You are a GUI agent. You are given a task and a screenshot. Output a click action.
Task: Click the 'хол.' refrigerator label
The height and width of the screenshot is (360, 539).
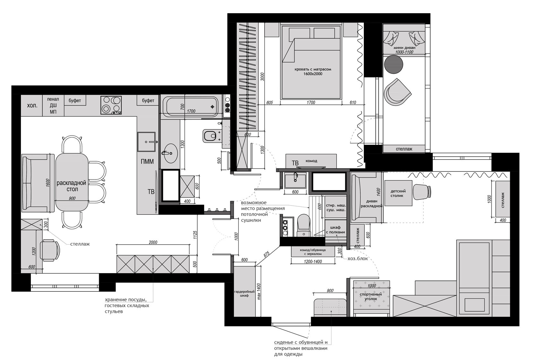32,105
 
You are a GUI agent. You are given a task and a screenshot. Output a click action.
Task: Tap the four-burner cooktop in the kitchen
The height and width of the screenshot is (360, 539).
111,105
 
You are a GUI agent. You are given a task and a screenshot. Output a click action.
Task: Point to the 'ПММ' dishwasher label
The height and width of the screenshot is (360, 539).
147,161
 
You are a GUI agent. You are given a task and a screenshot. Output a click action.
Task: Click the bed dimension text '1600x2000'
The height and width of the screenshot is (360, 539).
313,74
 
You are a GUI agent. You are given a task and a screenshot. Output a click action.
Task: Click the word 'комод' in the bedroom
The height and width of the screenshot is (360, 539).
311,161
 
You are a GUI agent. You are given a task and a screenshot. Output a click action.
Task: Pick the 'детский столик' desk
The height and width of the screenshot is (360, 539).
398,193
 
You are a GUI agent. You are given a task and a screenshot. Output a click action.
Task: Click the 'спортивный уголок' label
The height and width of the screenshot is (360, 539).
371,297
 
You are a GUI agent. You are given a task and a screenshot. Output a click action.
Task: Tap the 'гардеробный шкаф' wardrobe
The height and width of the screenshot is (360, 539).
244,291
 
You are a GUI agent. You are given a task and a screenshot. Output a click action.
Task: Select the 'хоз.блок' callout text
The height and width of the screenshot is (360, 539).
357,259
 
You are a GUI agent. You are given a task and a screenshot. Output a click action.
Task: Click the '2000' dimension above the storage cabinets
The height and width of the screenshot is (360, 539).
153,242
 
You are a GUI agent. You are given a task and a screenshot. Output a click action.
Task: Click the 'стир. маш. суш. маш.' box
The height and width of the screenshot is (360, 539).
336,207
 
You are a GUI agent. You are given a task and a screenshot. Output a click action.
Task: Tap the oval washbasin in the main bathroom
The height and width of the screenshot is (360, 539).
169,153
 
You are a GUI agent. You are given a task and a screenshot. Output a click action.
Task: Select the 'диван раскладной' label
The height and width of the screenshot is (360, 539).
372,204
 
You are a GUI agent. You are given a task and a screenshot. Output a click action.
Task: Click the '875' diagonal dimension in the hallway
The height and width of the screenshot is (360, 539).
266,255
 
